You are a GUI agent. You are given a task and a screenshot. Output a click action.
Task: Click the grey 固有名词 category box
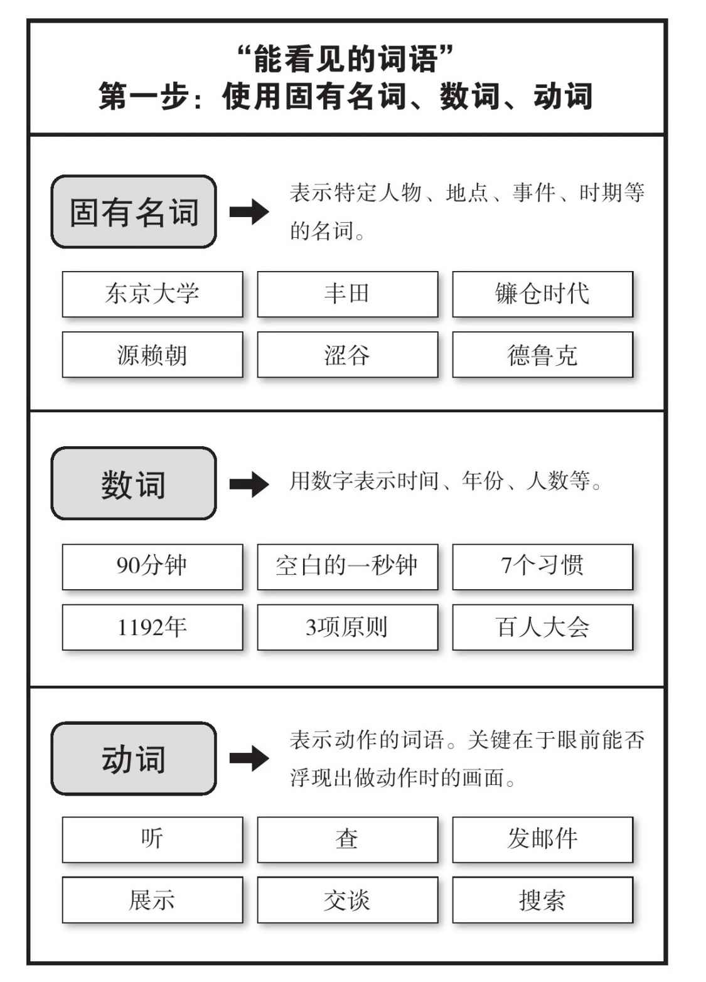click(x=134, y=211)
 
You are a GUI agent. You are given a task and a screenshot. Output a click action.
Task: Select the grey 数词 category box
click(x=134, y=484)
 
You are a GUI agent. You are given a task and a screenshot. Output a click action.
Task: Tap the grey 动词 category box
click(x=134, y=759)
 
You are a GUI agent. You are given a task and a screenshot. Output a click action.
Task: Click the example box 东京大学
click(x=152, y=294)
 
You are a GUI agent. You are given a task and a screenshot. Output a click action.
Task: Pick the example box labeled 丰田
click(x=347, y=294)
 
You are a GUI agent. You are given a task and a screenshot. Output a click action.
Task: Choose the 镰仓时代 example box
click(x=542, y=294)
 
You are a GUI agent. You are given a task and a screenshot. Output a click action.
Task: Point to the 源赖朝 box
click(x=152, y=355)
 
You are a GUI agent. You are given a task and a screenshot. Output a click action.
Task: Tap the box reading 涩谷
click(x=347, y=355)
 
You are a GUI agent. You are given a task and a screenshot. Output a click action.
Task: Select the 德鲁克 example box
click(x=542, y=355)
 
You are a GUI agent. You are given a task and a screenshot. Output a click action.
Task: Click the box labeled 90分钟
click(x=152, y=567)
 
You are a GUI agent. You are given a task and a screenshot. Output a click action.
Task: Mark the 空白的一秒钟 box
click(x=347, y=567)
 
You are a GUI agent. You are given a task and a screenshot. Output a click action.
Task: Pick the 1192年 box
click(x=152, y=627)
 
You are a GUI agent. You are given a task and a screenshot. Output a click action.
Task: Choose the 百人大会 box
click(x=542, y=627)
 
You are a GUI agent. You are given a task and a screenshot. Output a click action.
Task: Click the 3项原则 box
click(x=347, y=627)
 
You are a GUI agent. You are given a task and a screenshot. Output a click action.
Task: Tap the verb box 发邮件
click(x=542, y=840)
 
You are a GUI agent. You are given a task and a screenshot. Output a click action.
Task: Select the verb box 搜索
click(x=542, y=900)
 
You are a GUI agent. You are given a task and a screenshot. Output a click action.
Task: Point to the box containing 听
click(x=152, y=840)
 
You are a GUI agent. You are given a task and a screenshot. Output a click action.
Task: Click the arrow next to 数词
click(x=249, y=484)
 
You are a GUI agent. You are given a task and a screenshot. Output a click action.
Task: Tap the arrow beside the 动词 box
click(x=249, y=759)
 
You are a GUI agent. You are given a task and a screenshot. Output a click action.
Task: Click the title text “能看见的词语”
click(x=346, y=59)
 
